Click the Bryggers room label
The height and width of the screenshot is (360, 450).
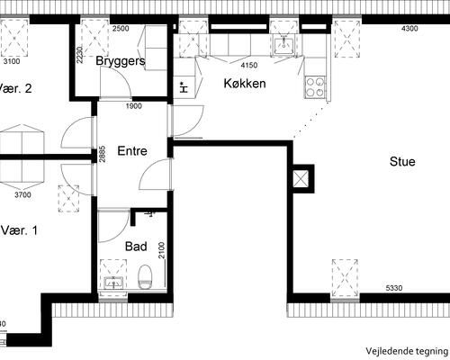[121, 61]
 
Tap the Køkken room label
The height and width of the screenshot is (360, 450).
[245, 84]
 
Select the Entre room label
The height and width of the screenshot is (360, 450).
[132, 150]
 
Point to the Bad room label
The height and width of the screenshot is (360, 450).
[136, 247]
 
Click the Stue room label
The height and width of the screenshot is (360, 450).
[402, 161]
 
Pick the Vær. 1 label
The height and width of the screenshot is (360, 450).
[19, 230]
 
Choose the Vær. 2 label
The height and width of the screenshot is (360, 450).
[15, 88]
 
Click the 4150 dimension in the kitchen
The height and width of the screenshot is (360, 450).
[249, 65]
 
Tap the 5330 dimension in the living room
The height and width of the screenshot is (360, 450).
[394, 288]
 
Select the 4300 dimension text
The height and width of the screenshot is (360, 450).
[409, 29]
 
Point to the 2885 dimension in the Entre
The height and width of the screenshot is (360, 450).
[103, 154]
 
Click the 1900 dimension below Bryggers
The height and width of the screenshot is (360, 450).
[134, 106]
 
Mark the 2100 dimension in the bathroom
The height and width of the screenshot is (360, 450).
[162, 250]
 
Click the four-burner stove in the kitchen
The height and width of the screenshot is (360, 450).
[315, 87]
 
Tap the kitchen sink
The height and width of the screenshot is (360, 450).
[283, 44]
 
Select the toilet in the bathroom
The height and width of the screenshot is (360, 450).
[145, 277]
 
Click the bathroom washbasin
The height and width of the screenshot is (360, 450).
[113, 283]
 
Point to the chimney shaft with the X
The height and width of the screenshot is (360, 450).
[301, 179]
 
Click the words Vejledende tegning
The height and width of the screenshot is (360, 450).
[407, 351]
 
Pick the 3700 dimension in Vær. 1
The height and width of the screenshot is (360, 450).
[22, 195]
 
